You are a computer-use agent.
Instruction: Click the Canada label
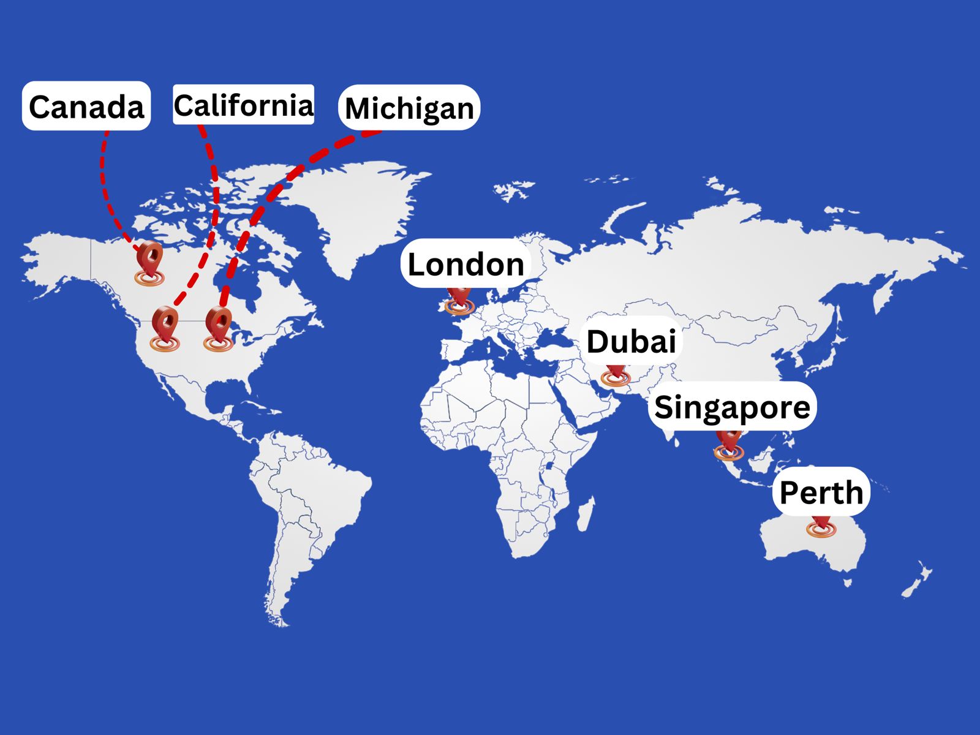(86, 106)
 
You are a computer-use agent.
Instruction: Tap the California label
(243, 105)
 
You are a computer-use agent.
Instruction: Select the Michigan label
(409, 108)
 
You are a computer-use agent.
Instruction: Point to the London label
(466, 263)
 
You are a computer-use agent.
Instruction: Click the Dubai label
(631, 341)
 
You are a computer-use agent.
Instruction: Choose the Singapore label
(732, 406)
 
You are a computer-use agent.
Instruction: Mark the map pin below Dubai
(616, 374)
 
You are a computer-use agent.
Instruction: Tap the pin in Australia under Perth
(821, 527)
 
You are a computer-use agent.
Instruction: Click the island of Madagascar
(584, 514)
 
